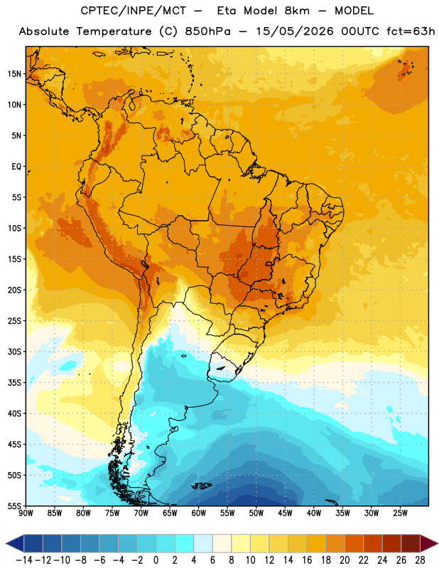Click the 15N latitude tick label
point(14,74)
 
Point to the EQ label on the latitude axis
point(16,167)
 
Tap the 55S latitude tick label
point(14,506)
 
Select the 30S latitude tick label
point(14,351)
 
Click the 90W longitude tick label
point(26,513)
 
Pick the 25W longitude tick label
point(400,513)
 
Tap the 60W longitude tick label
point(199,513)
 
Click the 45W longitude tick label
point(286,513)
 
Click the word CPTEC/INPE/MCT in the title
point(134,11)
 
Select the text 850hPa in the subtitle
point(207,31)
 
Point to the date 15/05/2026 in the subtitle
point(295,31)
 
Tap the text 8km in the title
point(297,11)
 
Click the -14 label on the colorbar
point(24,560)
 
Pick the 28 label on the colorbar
point(420,560)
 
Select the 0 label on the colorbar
point(156,560)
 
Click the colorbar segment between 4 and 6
point(203,543)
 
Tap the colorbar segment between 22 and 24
point(373,543)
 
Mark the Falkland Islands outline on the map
point(201,486)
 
